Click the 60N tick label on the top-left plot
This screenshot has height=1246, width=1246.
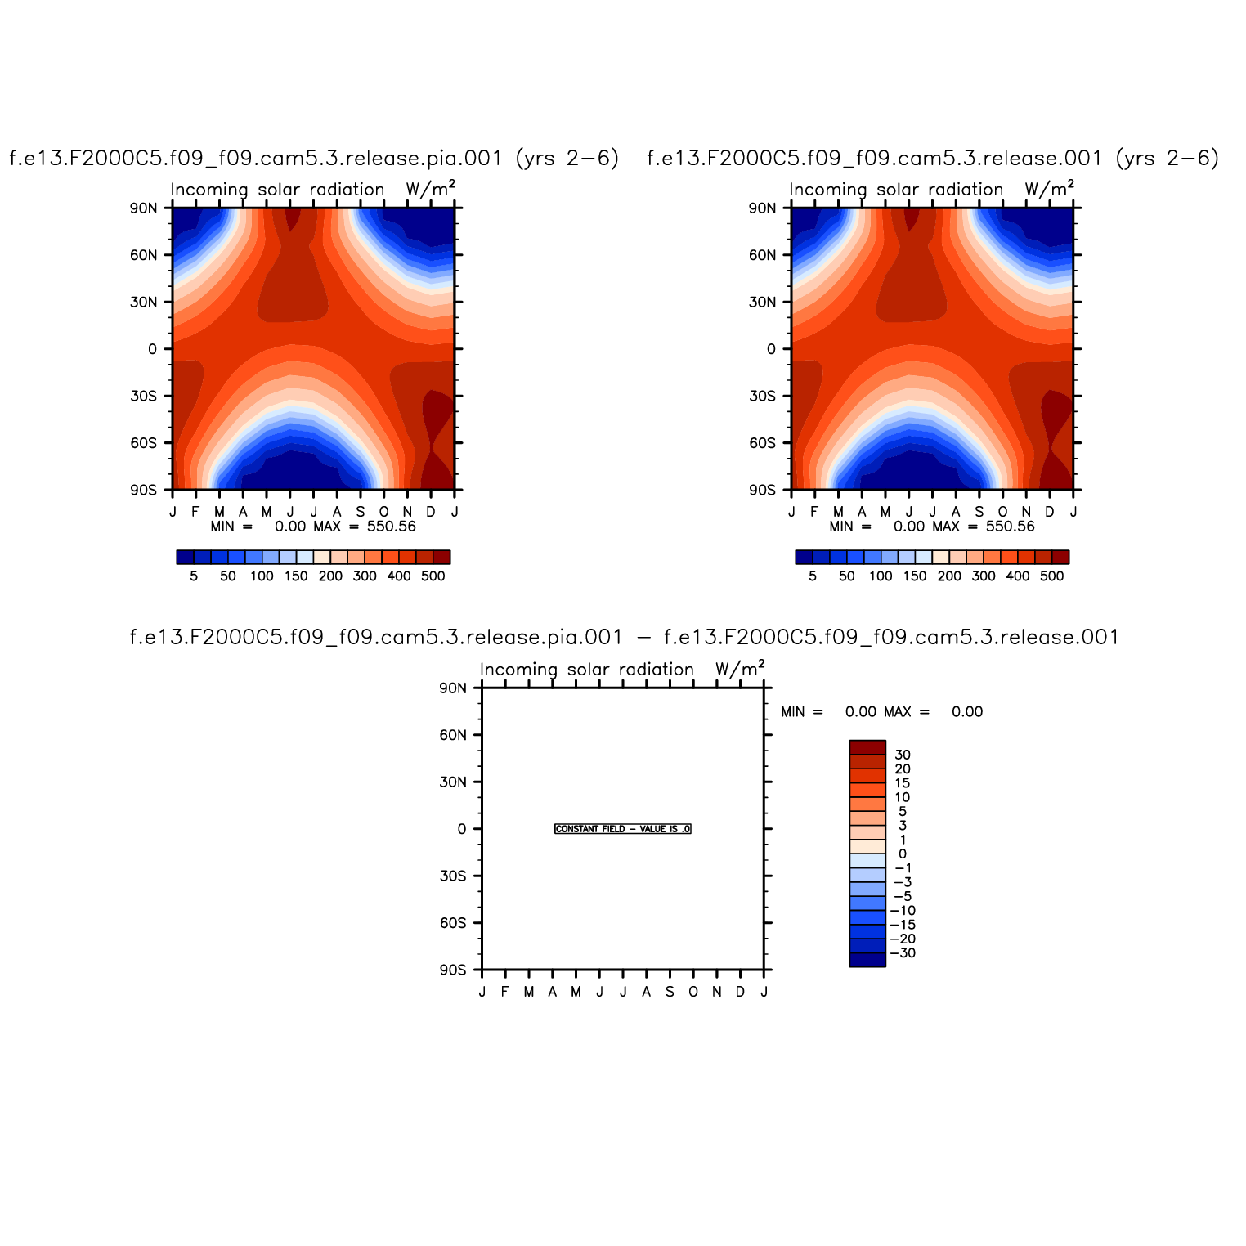pos(143,255)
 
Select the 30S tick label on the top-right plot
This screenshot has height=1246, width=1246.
pos(762,397)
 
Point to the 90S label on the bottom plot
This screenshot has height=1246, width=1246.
pos(452,970)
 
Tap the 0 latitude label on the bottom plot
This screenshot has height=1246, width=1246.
pos(462,829)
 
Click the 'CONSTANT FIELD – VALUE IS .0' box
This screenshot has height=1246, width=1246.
pos(623,829)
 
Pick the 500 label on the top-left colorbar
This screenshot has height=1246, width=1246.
pos(433,576)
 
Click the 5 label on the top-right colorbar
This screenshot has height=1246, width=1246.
pos(813,576)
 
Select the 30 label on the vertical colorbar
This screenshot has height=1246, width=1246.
pos(903,755)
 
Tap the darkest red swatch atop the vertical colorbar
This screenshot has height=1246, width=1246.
pos(867,747)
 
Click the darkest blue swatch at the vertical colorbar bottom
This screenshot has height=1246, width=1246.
pos(867,960)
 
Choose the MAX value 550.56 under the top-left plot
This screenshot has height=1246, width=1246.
pos(392,527)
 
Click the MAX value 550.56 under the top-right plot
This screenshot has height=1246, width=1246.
pos(1011,527)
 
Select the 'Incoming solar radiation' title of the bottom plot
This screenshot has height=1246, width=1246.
pos(586,670)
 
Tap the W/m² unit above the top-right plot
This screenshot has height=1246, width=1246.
pos(1049,189)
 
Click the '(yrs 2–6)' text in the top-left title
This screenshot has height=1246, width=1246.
pos(567,158)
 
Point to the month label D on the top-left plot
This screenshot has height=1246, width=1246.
pos(431,512)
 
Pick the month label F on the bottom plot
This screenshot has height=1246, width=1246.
pos(505,992)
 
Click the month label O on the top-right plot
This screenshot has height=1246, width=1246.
pos(1002,512)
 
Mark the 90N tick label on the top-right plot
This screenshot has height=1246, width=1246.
pos(762,208)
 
